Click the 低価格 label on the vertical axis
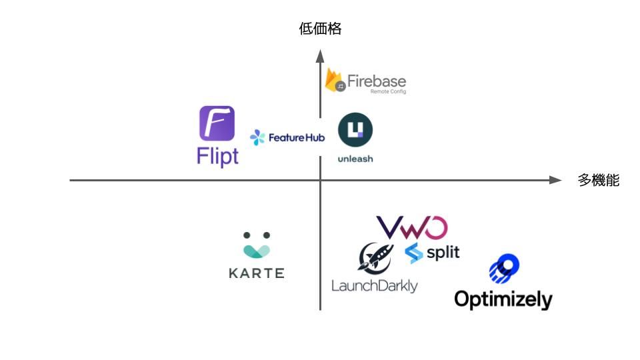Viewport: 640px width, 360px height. tap(320, 29)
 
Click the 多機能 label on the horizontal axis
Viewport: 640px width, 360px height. tap(598, 180)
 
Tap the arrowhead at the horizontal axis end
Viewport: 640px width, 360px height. tap(555, 180)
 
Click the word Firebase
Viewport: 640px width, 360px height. tap(376, 81)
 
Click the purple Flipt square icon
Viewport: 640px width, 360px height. tap(217, 123)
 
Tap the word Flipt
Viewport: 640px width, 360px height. tap(217, 156)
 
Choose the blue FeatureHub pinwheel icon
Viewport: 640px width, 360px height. tap(257, 138)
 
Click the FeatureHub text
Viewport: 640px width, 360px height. tap(296, 138)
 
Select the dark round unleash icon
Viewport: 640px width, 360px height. tap(355, 130)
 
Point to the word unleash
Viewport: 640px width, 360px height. tap(355, 159)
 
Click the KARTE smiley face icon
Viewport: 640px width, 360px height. tap(257, 245)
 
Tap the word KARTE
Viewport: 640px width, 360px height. tap(257, 273)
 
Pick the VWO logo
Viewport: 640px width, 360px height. tap(411, 227)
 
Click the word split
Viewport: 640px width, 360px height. tap(443, 253)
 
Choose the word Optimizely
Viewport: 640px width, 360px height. tap(503, 298)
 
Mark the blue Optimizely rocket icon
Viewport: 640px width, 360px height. tap(505, 268)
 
